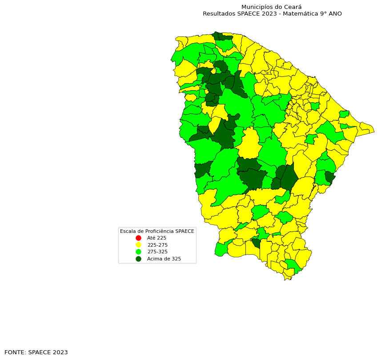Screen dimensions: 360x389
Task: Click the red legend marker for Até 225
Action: pos(138,238)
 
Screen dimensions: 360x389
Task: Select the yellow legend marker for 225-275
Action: pos(138,245)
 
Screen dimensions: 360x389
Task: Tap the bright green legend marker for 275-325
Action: pos(138,252)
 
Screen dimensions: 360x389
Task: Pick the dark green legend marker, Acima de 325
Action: pos(138,259)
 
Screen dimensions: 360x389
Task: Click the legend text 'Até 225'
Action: pos(156,238)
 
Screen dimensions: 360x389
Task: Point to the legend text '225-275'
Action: pos(157,245)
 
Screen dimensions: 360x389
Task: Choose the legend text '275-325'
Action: pos(157,252)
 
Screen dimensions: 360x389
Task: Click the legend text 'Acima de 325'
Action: pos(164,259)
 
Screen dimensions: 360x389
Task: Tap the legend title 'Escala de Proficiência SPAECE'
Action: pos(157,231)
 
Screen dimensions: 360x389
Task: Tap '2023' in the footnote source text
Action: pos(60,352)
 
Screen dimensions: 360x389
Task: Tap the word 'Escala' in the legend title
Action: pos(128,231)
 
